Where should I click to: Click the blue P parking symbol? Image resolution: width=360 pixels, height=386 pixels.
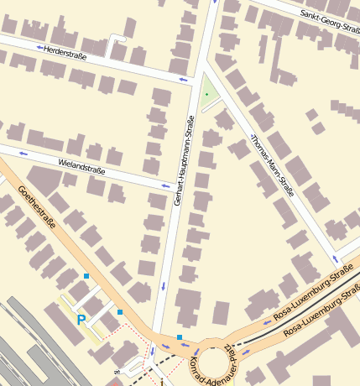[x=81, y=320]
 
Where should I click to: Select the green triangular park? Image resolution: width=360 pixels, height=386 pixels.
[x=207, y=93]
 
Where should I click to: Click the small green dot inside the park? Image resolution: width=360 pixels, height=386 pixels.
[x=206, y=95]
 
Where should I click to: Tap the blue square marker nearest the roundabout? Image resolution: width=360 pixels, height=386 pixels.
[x=180, y=337]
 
